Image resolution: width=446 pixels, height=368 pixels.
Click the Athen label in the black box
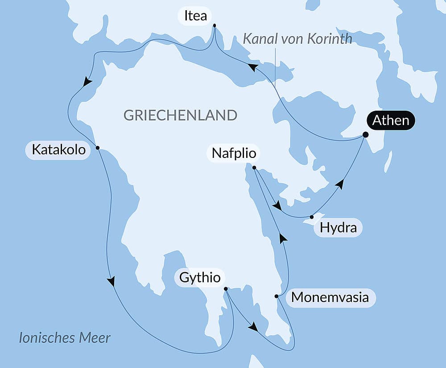point(391,121)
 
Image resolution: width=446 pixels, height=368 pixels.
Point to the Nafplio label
point(234,153)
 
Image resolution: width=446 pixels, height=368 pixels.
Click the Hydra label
point(338,228)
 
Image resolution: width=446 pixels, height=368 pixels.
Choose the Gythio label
point(199,277)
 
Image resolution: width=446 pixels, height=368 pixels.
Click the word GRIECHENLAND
point(180,115)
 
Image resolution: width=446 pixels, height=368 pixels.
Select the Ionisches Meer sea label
point(64,338)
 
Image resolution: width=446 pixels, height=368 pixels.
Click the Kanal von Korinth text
point(297,39)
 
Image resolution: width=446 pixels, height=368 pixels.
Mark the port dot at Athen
point(365,134)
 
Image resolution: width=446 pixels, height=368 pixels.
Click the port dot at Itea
point(215,25)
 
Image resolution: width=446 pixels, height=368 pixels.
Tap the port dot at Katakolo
point(97,148)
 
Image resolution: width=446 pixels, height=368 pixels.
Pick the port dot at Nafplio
point(254,168)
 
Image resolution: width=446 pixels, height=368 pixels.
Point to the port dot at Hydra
point(311,217)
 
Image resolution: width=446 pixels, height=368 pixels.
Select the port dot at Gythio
point(226,289)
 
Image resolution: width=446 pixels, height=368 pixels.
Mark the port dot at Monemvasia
point(277,296)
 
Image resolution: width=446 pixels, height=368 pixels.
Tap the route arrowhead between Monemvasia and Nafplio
point(282,238)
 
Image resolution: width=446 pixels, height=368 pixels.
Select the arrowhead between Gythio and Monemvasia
point(253,327)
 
